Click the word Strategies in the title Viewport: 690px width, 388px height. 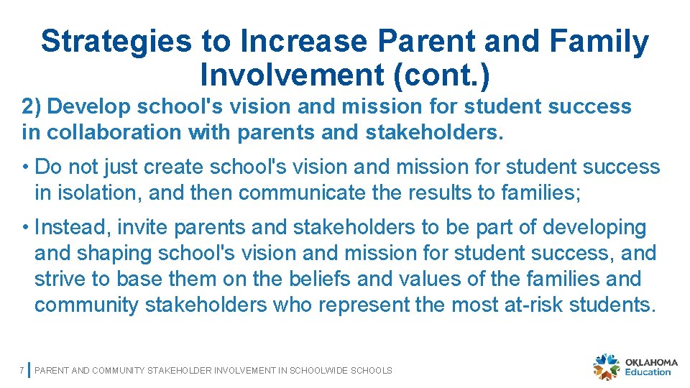pyautogui.click(x=116, y=42)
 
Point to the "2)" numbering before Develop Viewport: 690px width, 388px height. pyautogui.click(x=32, y=106)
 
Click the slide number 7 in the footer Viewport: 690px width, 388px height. pyautogui.click(x=22, y=370)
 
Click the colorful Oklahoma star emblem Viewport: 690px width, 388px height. pyautogui.click(x=606, y=366)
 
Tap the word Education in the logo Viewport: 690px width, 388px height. pyautogui.click(x=648, y=372)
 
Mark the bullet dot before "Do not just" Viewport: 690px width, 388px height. pyautogui.click(x=25, y=167)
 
